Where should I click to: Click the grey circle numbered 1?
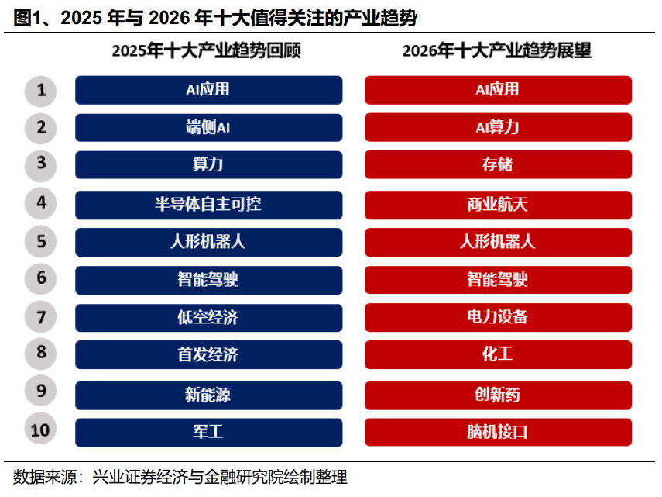[x=41, y=91]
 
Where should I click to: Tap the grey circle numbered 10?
[x=41, y=430]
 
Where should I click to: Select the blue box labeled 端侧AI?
[x=208, y=128]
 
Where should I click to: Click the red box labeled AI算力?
[x=498, y=128]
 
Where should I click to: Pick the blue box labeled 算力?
[x=208, y=165]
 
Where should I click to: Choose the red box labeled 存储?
[x=498, y=165]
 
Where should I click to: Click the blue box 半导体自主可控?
[x=208, y=205]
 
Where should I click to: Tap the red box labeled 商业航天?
[x=498, y=205]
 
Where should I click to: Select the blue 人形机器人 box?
[x=208, y=241]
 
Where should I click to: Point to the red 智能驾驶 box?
[x=498, y=279]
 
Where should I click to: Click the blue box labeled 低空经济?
[x=208, y=317]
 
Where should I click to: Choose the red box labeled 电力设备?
[x=498, y=317]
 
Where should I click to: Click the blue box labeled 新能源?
[x=208, y=395]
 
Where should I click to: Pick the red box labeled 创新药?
[x=498, y=395]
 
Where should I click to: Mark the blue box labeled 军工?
[x=208, y=432]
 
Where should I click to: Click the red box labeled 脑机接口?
[x=498, y=432]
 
